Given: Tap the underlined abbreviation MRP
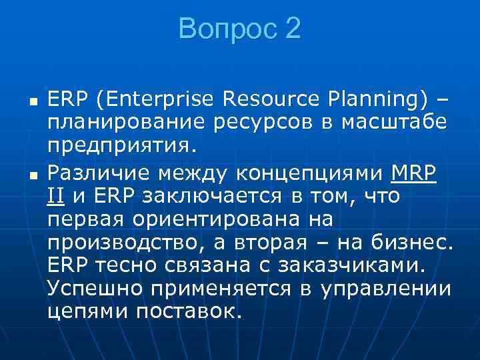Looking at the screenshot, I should (x=413, y=174).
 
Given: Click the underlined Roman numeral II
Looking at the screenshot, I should (x=56, y=197).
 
